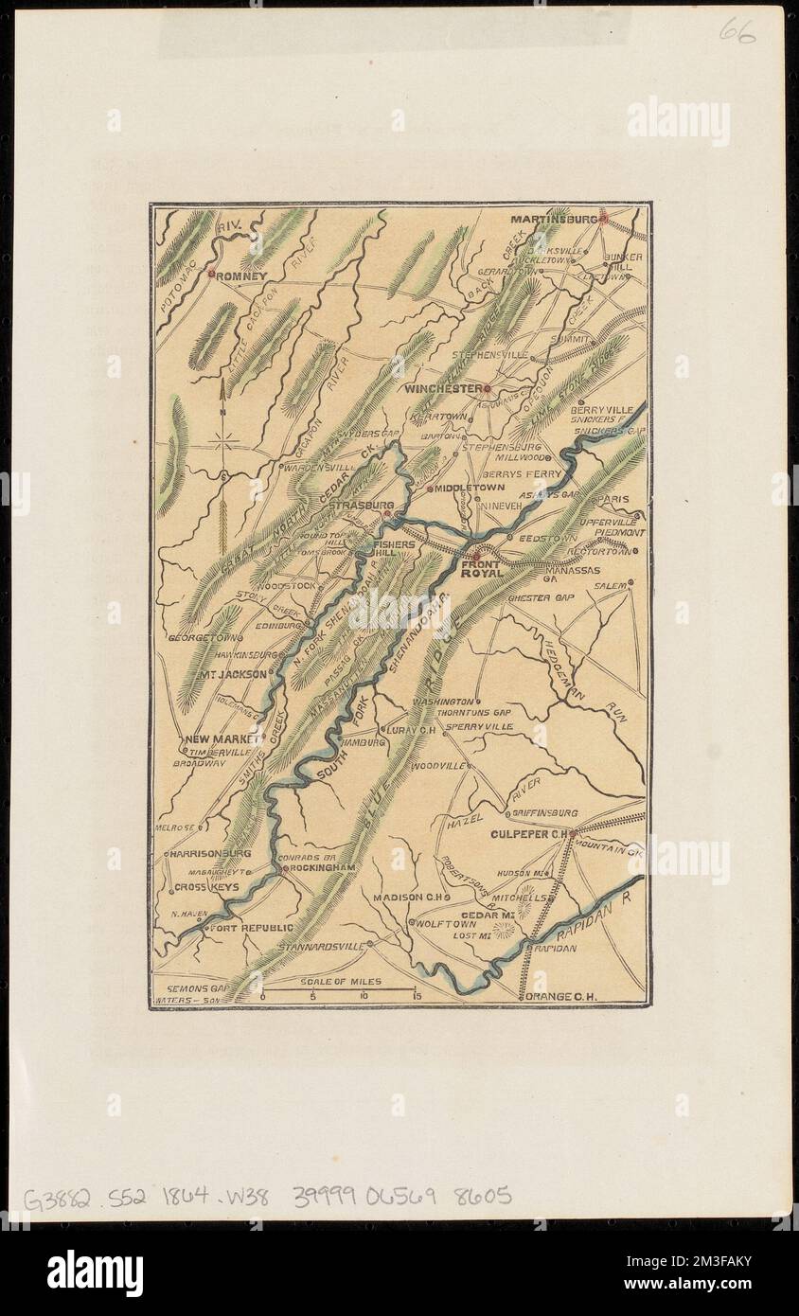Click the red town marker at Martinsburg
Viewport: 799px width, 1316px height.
(602, 219)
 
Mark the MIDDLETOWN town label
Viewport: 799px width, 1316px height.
(470, 488)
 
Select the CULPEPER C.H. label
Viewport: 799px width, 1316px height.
(527, 834)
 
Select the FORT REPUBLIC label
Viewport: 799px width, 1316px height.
(252, 928)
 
